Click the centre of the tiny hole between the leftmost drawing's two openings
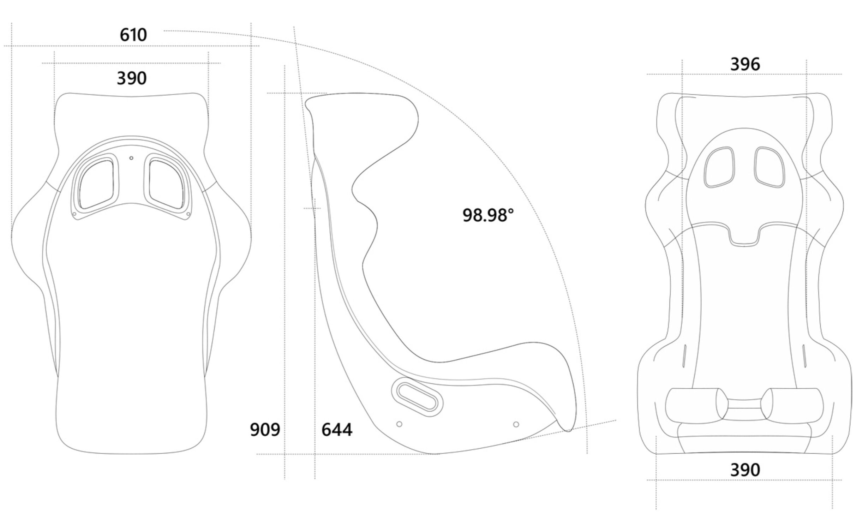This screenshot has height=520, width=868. coord(131,158)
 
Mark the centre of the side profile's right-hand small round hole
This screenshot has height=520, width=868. coord(516,424)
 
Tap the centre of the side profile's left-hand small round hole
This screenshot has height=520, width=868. coord(399,424)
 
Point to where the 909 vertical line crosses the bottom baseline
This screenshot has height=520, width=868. coord(285,454)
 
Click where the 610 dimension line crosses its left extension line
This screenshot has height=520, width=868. coord(12,46)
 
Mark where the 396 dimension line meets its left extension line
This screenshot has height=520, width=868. coord(682,74)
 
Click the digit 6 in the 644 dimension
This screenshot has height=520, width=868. coord(326,430)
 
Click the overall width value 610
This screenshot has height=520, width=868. coord(133,35)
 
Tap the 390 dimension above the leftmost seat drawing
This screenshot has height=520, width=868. coord(132,78)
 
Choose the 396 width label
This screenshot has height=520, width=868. coord(745,64)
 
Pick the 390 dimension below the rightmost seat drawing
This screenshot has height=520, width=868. coord(745,470)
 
